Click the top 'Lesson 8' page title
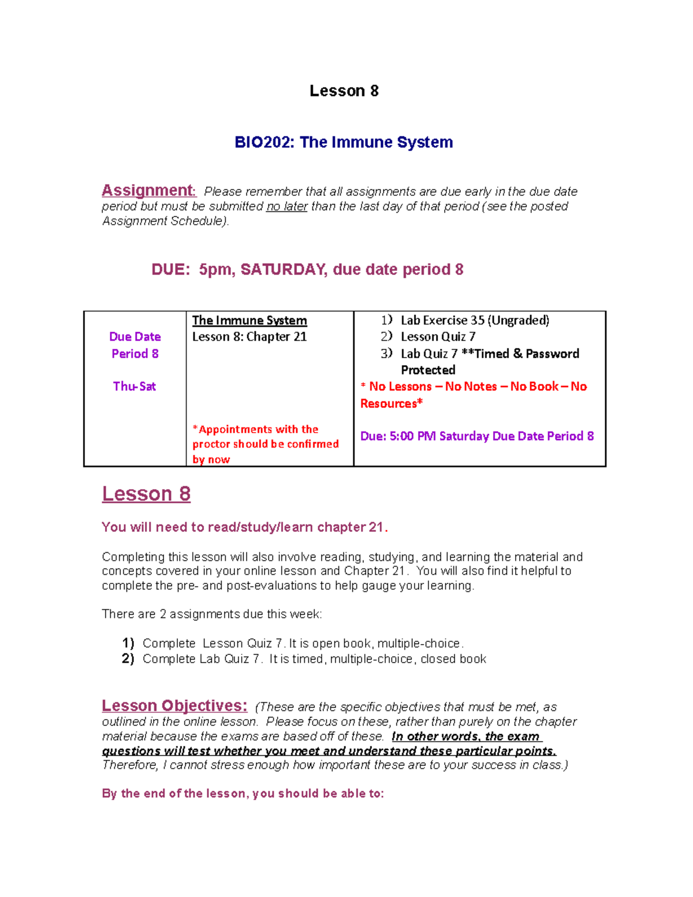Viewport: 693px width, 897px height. coord(344,91)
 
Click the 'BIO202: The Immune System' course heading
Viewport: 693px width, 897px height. coord(344,142)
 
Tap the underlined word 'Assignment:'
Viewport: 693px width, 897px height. coord(148,191)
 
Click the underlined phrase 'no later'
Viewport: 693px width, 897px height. coord(286,206)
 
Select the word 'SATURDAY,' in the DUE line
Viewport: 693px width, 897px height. coord(284,270)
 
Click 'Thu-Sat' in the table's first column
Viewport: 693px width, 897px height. coord(135,386)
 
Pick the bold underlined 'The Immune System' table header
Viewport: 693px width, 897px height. coord(249,321)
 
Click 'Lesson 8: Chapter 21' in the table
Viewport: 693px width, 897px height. coord(249,337)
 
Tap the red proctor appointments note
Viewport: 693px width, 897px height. coord(265,444)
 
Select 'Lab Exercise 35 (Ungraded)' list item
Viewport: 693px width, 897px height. coord(475,321)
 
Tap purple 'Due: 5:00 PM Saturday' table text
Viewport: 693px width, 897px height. coord(476,436)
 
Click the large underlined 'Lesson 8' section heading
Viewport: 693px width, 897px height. coord(146,494)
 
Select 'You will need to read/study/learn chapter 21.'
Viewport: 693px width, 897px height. coord(245,527)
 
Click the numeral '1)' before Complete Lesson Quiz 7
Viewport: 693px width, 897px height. coord(128,643)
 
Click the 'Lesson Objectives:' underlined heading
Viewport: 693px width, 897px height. coord(174,706)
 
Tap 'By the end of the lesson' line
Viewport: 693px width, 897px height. coord(243,794)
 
